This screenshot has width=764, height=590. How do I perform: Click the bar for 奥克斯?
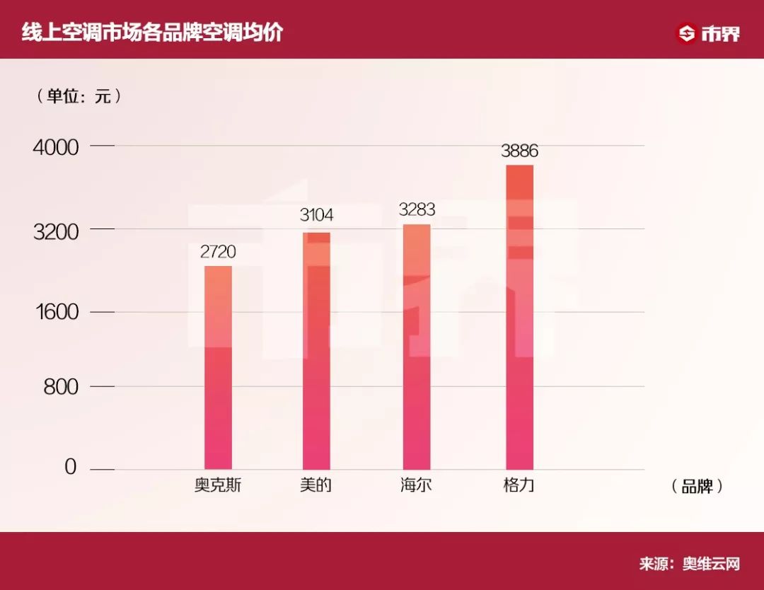point(218,367)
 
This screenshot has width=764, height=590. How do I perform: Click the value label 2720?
point(219,251)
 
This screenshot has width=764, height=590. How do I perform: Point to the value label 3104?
point(316,215)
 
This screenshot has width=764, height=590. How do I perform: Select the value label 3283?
point(417,209)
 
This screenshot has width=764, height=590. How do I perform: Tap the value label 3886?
point(520,150)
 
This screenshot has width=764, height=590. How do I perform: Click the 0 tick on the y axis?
point(71,468)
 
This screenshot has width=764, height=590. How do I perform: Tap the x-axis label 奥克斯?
point(218,486)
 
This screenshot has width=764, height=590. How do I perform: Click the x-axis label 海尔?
point(416,486)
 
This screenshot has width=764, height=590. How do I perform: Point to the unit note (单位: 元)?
point(79,96)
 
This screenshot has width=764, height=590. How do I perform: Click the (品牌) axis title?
point(697,487)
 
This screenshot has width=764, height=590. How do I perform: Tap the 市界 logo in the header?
point(708,33)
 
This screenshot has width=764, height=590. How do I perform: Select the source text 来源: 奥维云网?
point(689,564)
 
